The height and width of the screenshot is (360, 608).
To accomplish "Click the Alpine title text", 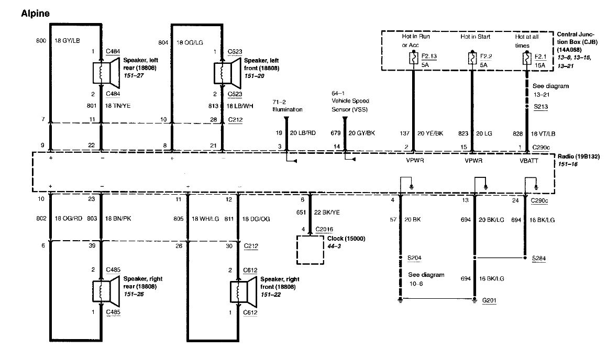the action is click(x=35, y=14).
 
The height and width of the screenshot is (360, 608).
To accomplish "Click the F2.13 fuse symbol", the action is click(x=413, y=59).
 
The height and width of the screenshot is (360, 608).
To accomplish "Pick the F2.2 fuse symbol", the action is click(x=472, y=59).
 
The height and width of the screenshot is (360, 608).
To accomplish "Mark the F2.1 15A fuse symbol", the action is click(x=527, y=59).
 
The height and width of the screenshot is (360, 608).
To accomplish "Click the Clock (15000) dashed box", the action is click(x=310, y=250).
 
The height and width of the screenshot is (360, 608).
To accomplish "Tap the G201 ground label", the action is click(x=489, y=300).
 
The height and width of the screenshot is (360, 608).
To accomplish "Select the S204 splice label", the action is click(x=414, y=257).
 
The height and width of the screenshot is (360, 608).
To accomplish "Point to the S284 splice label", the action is click(x=538, y=258).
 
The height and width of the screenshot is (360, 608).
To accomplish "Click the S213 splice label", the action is click(x=541, y=107).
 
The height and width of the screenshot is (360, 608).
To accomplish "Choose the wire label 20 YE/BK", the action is click(x=430, y=133).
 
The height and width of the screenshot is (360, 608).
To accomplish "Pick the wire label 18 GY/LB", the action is click(x=67, y=41).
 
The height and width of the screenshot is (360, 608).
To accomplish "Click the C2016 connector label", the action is click(x=324, y=229).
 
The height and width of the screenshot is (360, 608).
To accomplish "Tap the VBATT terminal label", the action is click(x=529, y=161).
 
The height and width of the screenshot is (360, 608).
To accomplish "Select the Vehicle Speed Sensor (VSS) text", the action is click(x=350, y=105).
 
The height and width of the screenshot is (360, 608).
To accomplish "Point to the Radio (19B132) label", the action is click(x=579, y=156).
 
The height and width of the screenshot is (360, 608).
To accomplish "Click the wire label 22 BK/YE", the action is click(x=326, y=212).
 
